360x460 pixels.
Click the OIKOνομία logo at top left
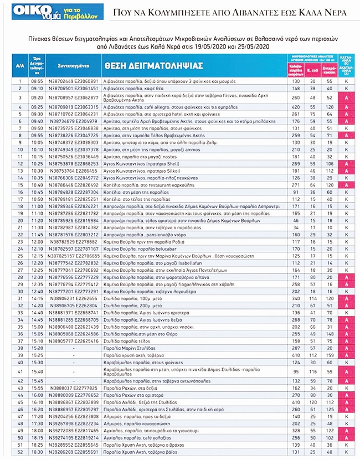coord(50,12)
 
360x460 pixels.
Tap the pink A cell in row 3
coord(346,97)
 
